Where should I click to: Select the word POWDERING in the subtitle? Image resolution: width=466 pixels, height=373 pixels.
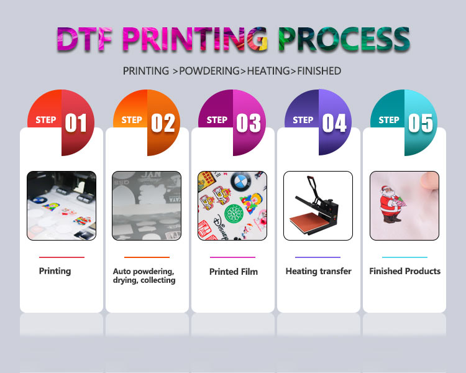[x=211, y=71]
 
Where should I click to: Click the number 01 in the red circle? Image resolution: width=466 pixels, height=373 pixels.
[x=76, y=123]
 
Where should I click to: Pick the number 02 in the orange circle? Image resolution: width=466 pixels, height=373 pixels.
[x=162, y=123]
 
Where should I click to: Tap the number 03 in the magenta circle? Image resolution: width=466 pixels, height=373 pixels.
[x=248, y=123]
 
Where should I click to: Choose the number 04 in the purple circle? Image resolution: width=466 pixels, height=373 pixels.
[x=334, y=123]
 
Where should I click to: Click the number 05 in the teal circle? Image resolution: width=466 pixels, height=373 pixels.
[x=420, y=123]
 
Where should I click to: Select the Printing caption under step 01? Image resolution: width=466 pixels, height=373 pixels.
[x=55, y=271]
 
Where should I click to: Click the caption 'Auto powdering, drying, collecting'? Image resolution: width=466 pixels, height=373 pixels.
[x=144, y=276]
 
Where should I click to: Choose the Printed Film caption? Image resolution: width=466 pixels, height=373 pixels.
[x=233, y=272]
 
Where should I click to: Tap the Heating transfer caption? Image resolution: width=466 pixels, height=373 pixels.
[x=318, y=271]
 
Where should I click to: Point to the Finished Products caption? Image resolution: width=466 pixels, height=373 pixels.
[x=404, y=271]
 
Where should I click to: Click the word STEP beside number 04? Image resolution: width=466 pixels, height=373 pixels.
[x=303, y=120]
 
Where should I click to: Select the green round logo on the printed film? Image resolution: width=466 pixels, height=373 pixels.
[x=233, y=212]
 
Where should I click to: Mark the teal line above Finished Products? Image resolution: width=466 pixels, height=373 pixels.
[x=404, y=257]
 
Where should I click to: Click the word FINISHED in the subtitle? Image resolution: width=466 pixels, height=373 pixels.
[x=319, y=71]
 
